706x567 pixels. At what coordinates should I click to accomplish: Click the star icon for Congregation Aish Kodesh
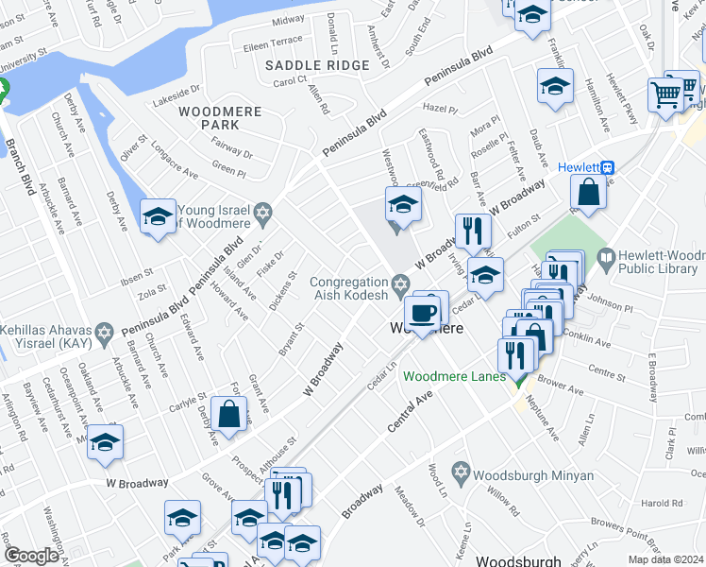point(400,283)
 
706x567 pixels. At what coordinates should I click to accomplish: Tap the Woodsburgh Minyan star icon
point(461,471)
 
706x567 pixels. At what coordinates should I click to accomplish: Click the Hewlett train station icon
point(609,167)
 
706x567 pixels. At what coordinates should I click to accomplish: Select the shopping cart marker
point(665,94)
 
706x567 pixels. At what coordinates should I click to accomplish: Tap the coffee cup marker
point(421,311)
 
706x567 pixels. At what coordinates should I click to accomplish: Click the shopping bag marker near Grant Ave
point(229,411)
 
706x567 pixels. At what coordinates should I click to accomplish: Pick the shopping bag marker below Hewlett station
point(588,192)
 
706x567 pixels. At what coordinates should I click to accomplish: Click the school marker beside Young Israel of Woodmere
point(157,215)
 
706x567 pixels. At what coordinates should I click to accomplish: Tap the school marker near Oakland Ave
point(106,441)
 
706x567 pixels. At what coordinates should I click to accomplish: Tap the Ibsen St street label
point(138,281)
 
